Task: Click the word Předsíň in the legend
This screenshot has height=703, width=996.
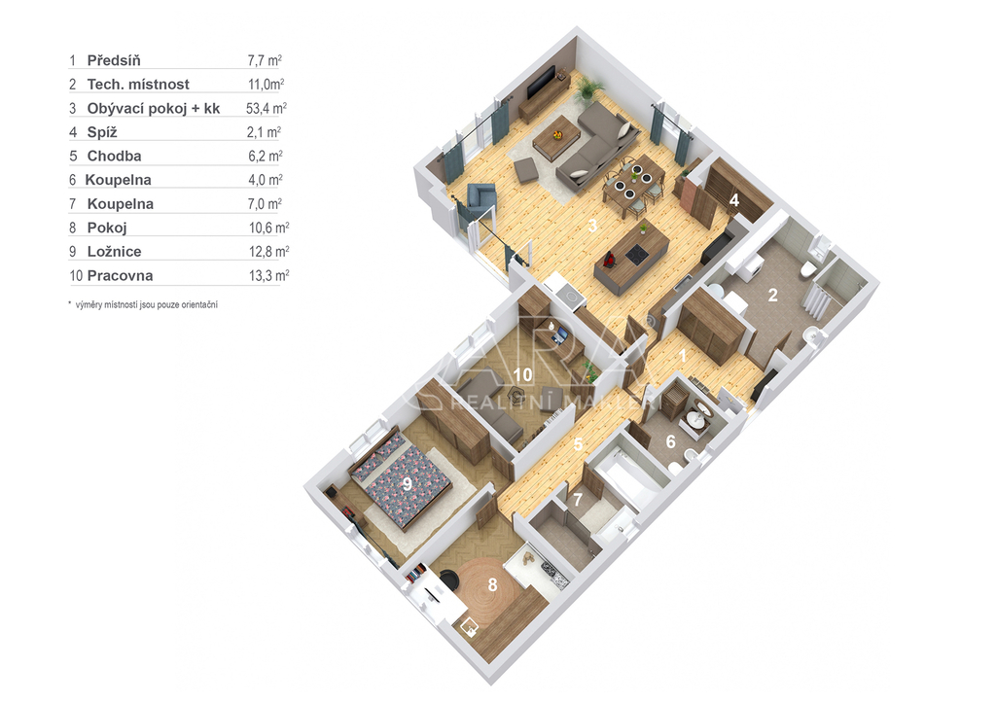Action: pos(114,60)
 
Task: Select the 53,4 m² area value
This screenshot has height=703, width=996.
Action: pos(267,108)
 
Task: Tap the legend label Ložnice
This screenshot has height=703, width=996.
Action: pos(115,252)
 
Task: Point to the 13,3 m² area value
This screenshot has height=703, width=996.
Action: pos(268,275)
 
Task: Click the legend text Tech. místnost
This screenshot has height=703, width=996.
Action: pos(138,85)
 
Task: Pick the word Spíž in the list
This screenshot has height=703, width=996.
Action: pos(102,132)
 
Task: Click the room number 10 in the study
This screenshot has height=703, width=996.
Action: pos(522,374)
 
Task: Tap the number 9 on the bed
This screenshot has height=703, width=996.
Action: pos(408,484)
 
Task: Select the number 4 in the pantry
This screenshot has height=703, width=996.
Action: pos(734,200)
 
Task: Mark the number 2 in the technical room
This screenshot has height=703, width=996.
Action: pos(773,295)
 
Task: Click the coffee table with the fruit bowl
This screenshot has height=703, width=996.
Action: pos(556,137)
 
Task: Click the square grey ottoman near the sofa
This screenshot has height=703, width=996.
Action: pos(526,171)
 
